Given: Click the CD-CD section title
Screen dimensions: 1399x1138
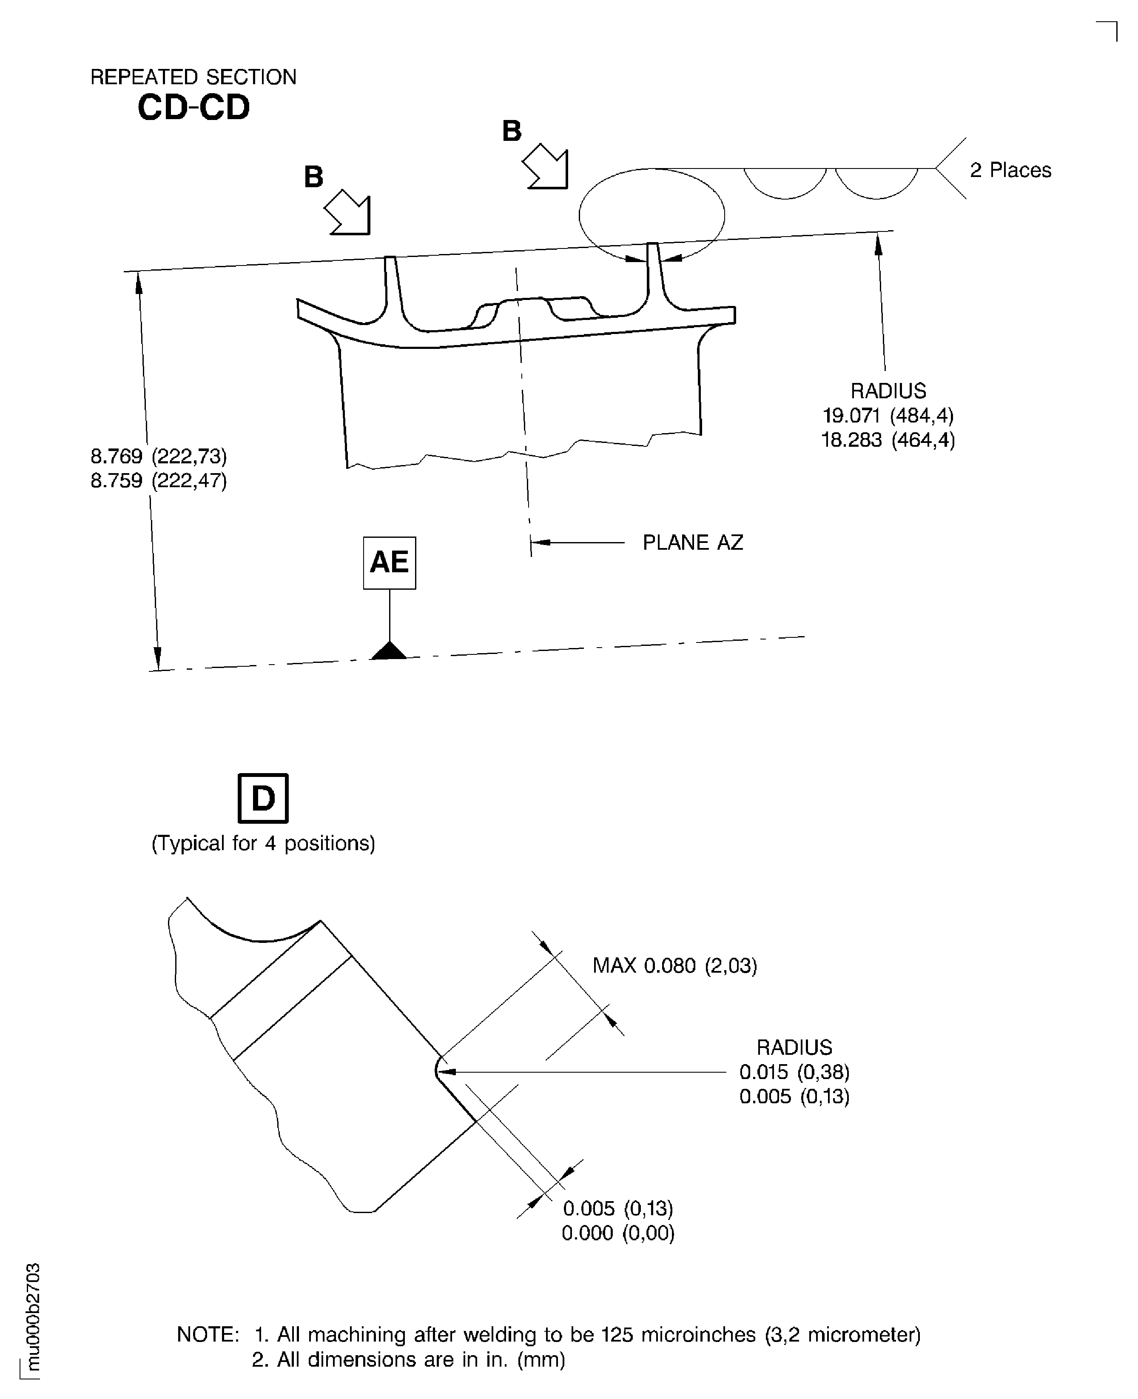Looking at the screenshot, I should [193, 108].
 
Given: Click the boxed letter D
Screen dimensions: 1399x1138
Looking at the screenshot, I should [263, 798].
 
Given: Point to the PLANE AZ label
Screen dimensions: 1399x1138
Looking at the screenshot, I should [692, 542].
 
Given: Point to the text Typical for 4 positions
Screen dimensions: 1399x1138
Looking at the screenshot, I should [263, 843].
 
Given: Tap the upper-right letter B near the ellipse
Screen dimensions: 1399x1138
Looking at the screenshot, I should [511, 131].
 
